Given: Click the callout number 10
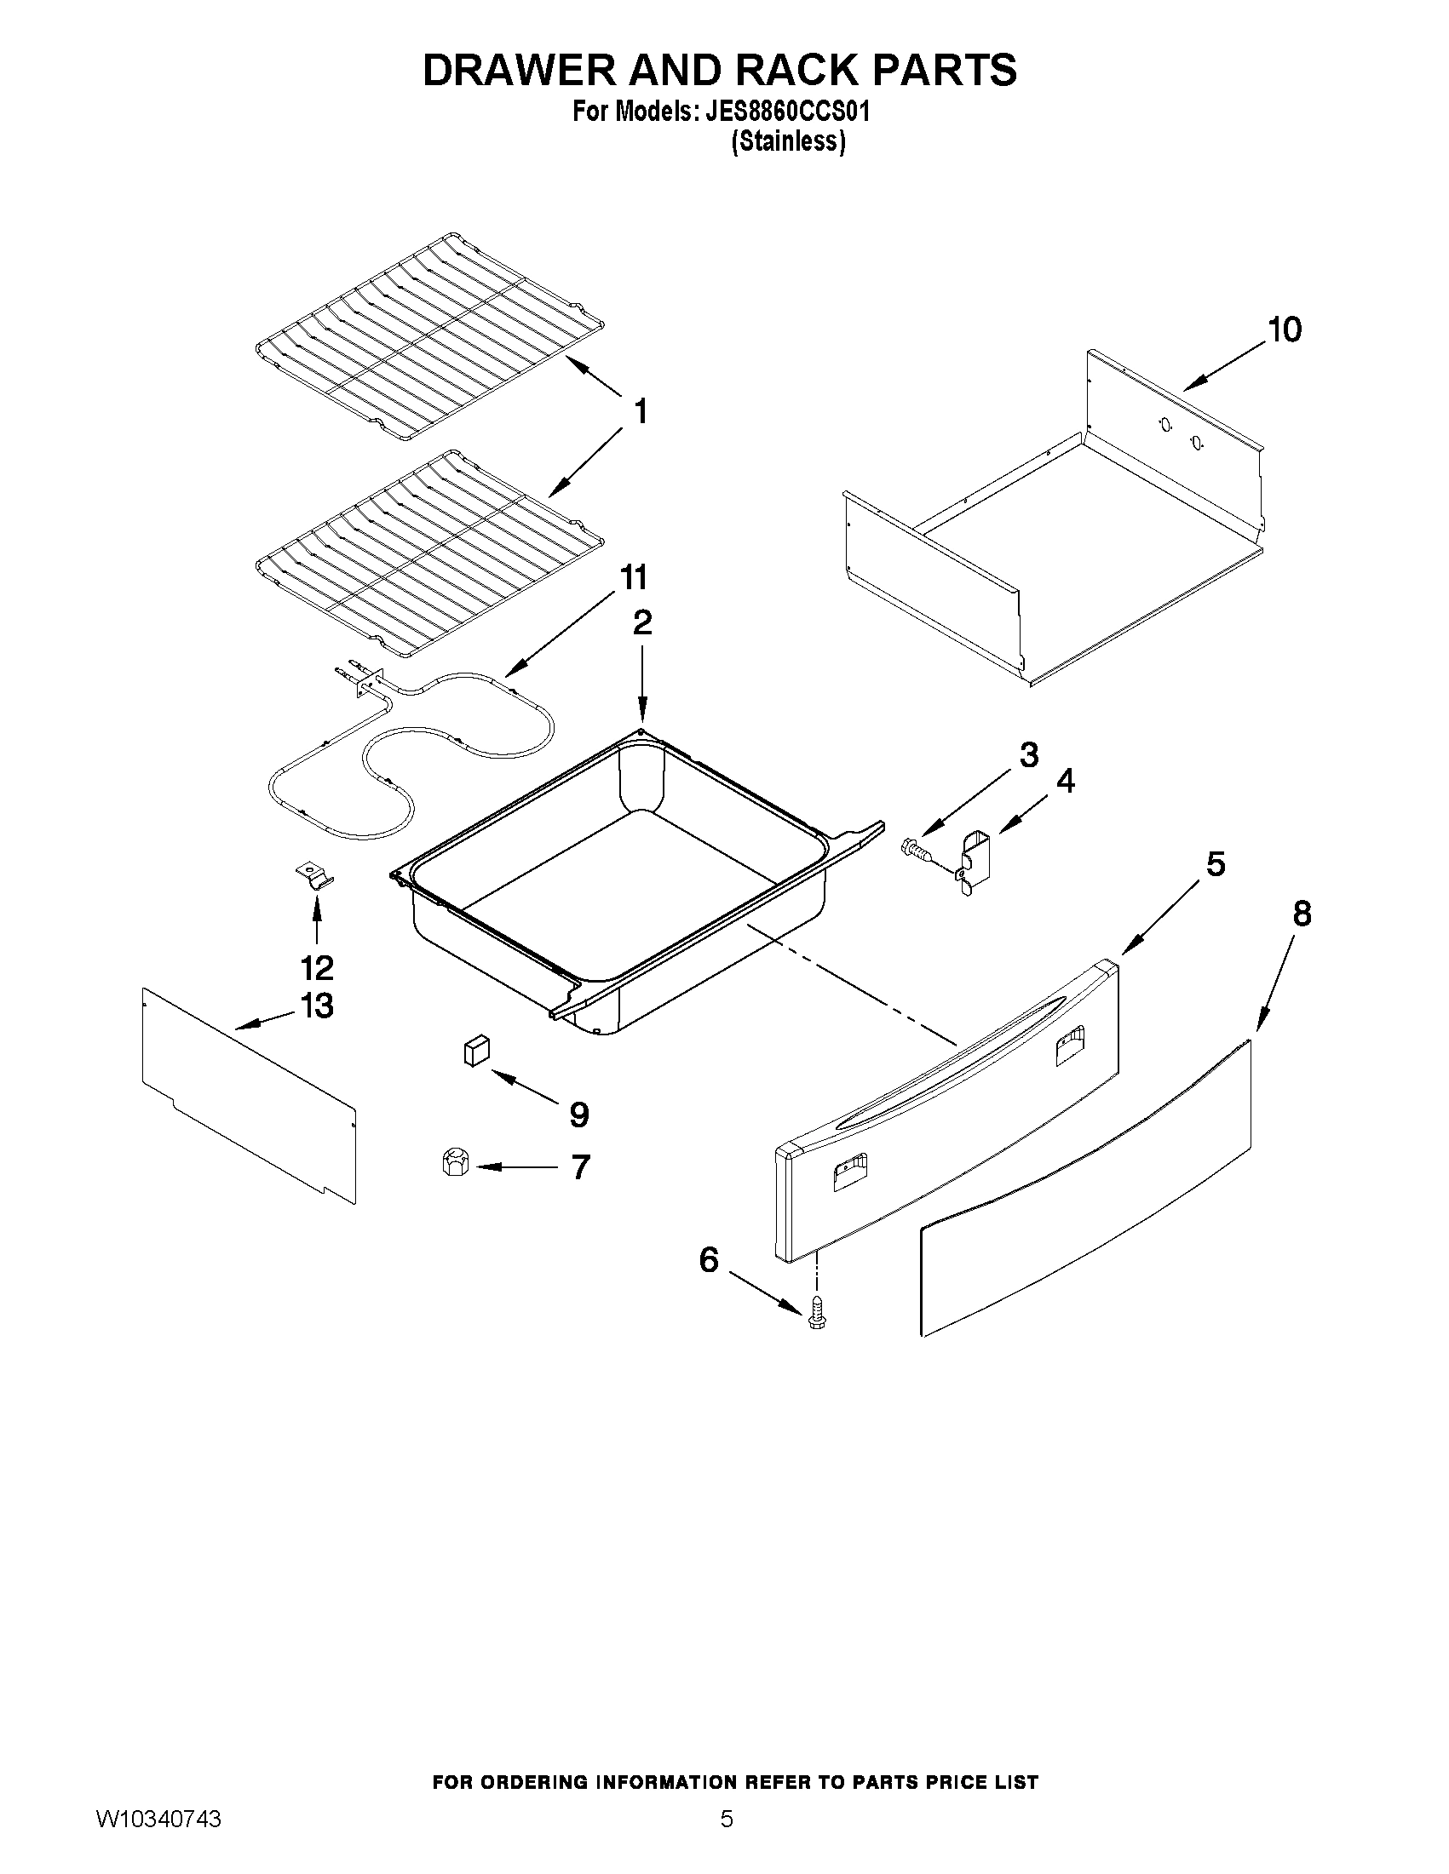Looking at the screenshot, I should click(x=1285, y=330).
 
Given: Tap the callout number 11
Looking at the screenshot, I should click(x=633, y=577).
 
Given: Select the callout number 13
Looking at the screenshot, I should click(x=317, y=1005).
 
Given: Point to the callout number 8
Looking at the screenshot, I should click(x=1302, y=914).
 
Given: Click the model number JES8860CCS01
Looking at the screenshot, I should click(x=787, y=112).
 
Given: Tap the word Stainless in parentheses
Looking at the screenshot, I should click(x=788, y=141).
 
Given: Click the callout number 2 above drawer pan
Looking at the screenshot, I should click(x=642, y=623).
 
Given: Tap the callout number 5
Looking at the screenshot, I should click(x=1216, y=864).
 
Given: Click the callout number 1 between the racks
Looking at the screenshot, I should click(x=641, y=413).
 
